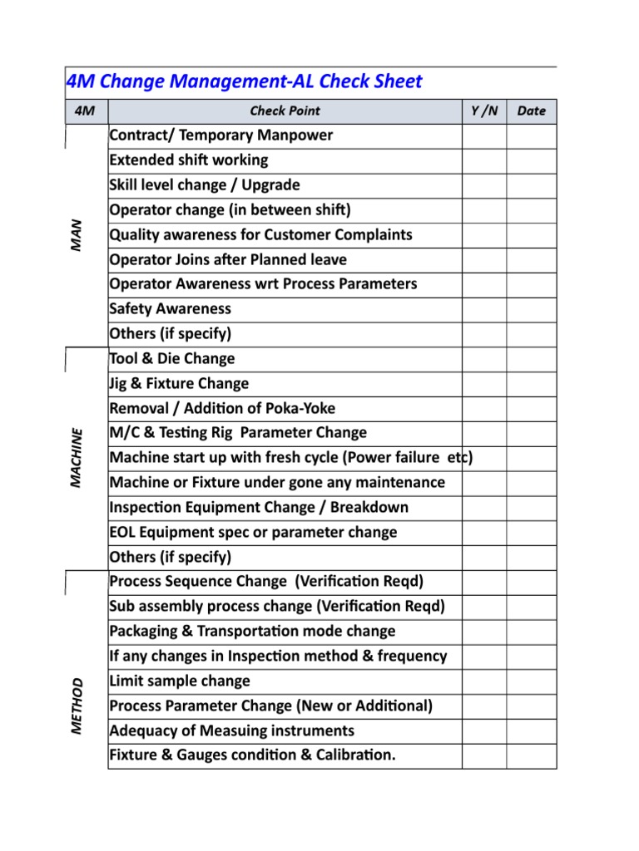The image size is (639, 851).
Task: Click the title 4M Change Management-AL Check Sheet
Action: tap(244, 81)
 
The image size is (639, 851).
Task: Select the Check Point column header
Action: tap(285, 111)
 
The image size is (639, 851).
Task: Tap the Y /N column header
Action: tap(484, 111)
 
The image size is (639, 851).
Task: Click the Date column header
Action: tap(531, 111)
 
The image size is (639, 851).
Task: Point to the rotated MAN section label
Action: tap(77, 236)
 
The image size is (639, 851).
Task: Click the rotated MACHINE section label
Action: tap(77, 458)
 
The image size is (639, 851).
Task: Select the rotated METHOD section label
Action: tap(77, 706)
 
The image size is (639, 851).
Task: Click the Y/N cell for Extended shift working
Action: tap(484, 160)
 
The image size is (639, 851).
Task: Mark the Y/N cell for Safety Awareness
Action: tap(484, 309)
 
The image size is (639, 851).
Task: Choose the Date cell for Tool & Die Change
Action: tap(531, 359)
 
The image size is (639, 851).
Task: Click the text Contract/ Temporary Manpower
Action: tap(220, 135)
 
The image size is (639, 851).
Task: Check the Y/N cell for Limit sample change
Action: tap(484, 681)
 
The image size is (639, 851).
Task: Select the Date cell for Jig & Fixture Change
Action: tap(531, 384)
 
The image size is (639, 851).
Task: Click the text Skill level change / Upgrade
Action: tap(205, 185)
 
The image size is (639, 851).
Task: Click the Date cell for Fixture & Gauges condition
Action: tap(531, 755)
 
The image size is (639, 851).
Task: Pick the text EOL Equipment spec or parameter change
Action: tap(253, 533)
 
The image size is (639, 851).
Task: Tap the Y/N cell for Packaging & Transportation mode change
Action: tap(484, 632)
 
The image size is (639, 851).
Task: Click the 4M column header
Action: tap(85, 111)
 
